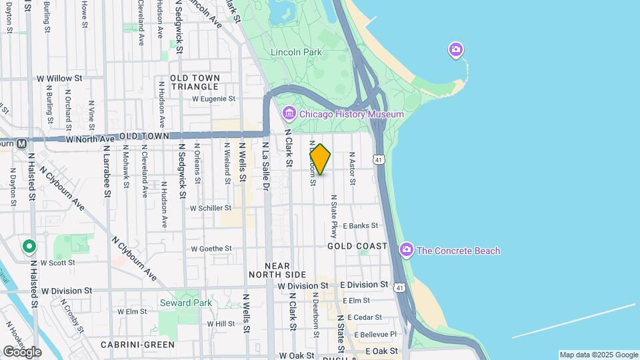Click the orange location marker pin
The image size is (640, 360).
click(320, 160)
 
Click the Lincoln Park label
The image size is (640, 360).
click(296, 52)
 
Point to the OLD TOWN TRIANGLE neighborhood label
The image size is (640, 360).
click(195, 83)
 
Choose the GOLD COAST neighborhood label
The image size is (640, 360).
click(357, 246)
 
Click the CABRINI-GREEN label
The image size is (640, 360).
click(137, 345)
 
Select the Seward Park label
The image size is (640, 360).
click(185, 303)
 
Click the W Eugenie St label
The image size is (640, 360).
click(214, 99)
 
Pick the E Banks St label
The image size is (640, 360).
click(360, 226)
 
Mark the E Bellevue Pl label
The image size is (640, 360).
click(375, 334)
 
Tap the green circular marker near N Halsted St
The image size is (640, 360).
click(29, 247)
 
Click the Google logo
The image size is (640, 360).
click(22, 352)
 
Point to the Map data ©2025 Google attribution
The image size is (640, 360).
click(599, 355)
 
